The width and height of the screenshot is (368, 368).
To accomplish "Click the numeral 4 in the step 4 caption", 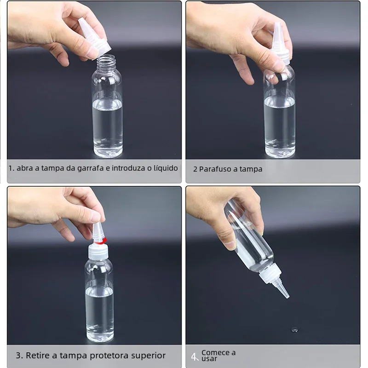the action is pyautogui.click(x=194, y=357).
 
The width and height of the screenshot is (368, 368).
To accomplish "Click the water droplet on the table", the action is pyautogui.click(x=294, y=330).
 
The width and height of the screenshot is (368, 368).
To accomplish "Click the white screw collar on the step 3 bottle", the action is pyautogui.click(x=98, y=251).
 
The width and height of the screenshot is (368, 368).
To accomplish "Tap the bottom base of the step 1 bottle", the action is pyautogui.click(x=108, y=153).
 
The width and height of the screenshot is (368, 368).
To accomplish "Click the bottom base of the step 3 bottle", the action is pyautogui.click(x=100, y=337).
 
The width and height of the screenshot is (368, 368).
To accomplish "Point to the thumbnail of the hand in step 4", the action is pyautogui.click(x=231, y=245).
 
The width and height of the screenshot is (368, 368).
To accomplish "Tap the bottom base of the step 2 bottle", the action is pyautogui.click(x=280, y=153).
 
